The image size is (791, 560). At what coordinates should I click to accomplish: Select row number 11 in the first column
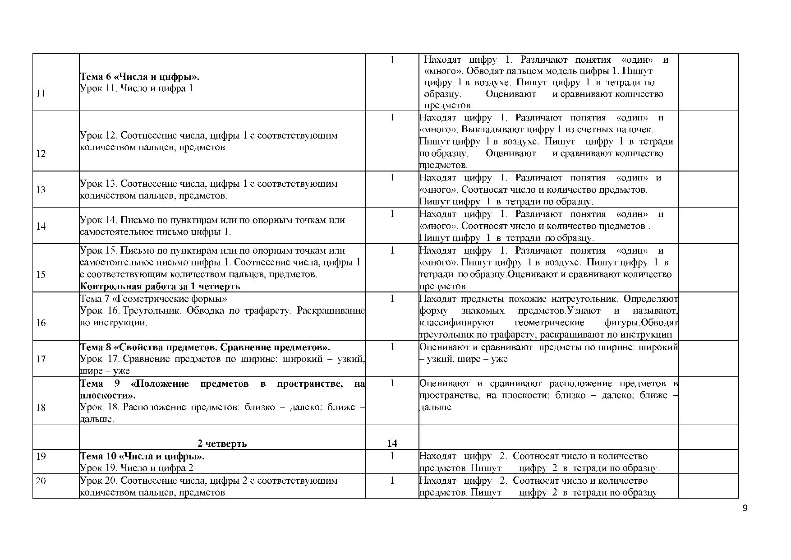point(41,94)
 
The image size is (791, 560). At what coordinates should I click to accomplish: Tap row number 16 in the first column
point(41,323)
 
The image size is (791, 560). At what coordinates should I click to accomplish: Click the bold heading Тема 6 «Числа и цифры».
point(140,77)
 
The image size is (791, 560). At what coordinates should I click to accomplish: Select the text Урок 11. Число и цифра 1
point(137,88)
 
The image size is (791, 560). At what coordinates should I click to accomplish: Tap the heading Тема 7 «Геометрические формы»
point(153,299)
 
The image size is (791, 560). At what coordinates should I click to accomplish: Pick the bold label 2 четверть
point(222,443)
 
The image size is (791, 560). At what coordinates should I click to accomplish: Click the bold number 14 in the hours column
point(392,443)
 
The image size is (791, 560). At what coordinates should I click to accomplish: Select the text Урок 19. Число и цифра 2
point(137,468)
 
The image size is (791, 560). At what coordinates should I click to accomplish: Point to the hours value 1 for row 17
point(392,347)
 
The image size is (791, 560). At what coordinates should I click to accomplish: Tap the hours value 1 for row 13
point(392,177)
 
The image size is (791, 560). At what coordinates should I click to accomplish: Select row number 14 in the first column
point(41,226)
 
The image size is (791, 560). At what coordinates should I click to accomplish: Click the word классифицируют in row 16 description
point(457,323)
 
